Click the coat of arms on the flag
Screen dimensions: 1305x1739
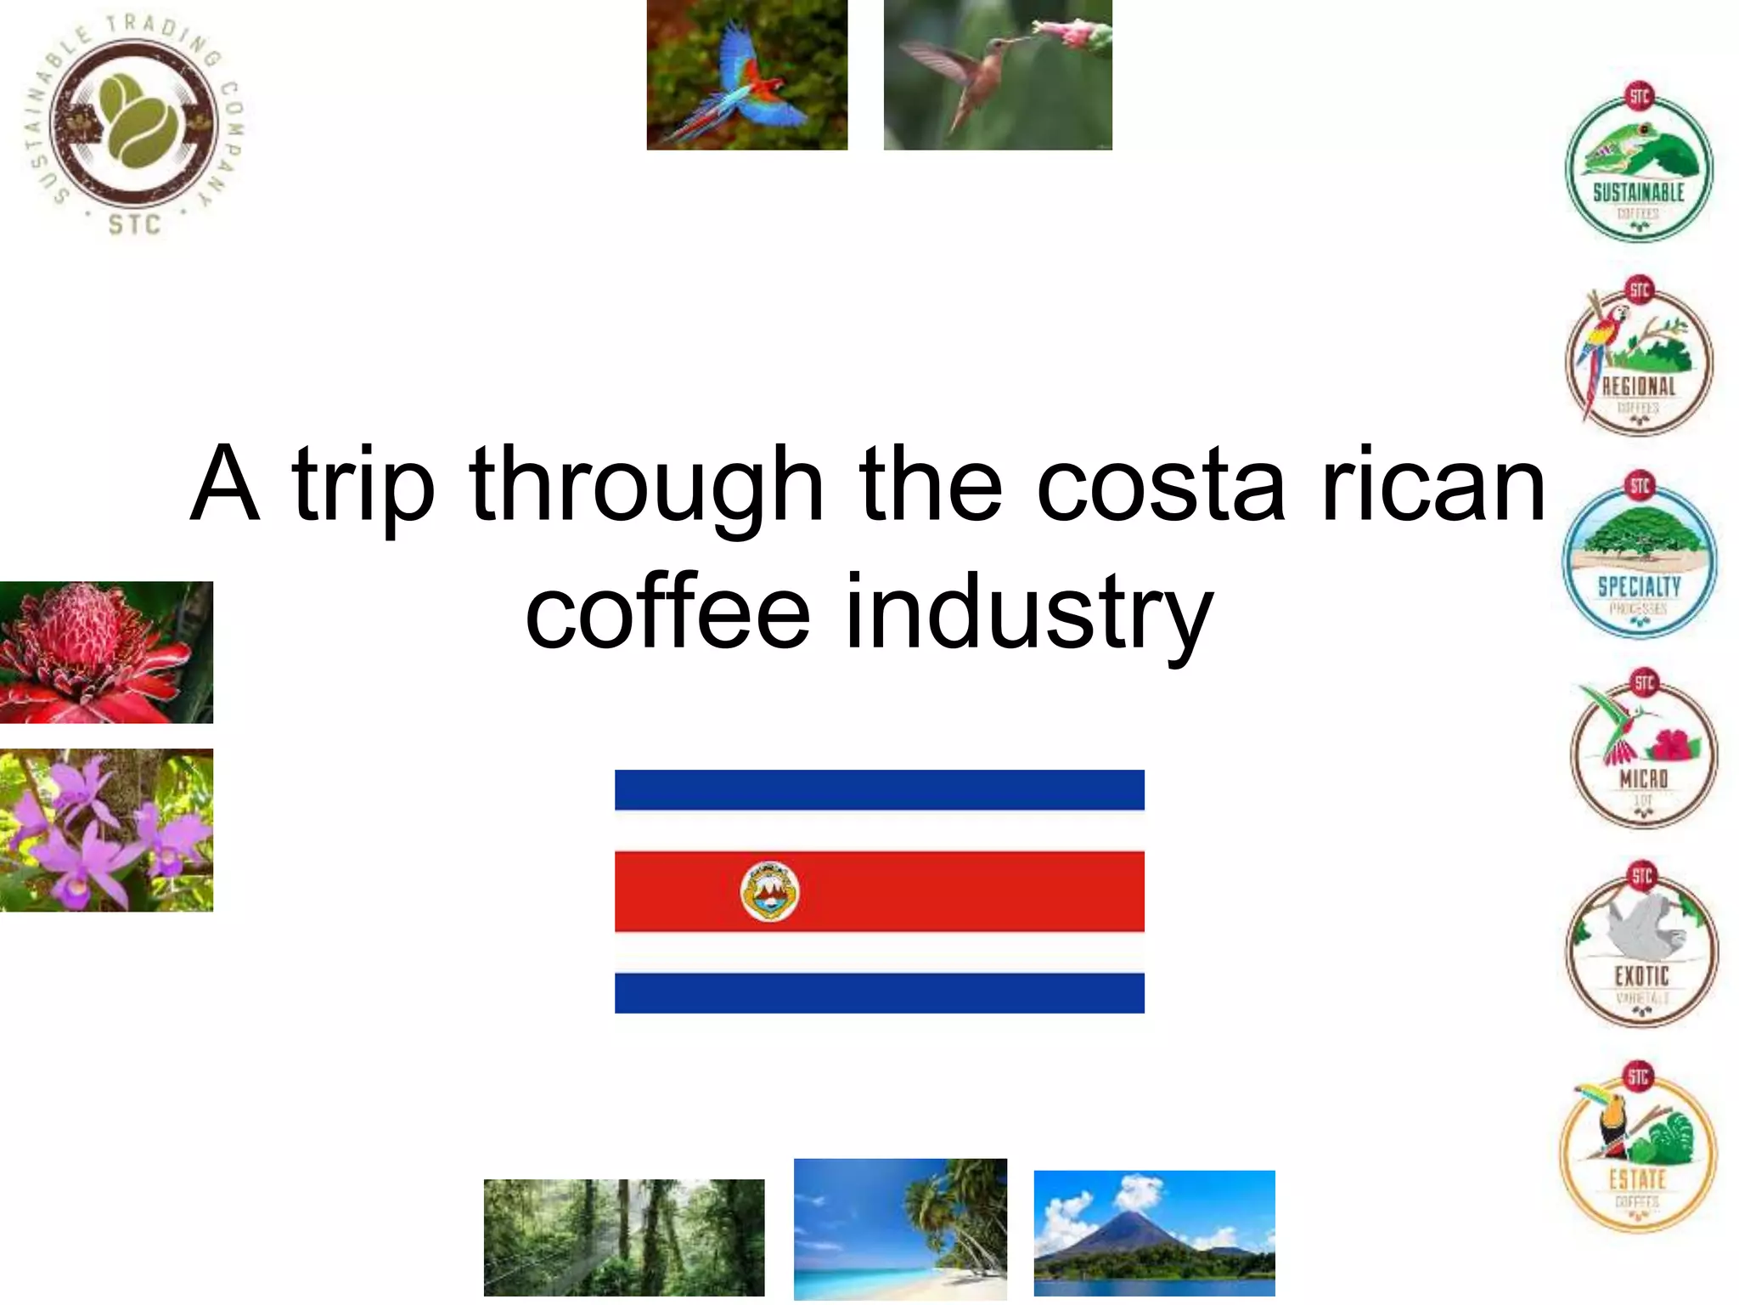[769, 891]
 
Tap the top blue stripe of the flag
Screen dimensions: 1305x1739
[879, 789]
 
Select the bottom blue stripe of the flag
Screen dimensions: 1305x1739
[879, 992]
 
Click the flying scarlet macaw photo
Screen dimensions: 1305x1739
[747, 75]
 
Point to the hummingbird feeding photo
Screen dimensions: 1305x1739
[998, 75]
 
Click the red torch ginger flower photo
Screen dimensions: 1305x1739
[106, 652]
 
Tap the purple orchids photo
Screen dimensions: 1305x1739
[106, 830]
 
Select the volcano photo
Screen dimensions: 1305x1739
[1154, 1233]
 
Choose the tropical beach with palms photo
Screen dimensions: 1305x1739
[900, 1229]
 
